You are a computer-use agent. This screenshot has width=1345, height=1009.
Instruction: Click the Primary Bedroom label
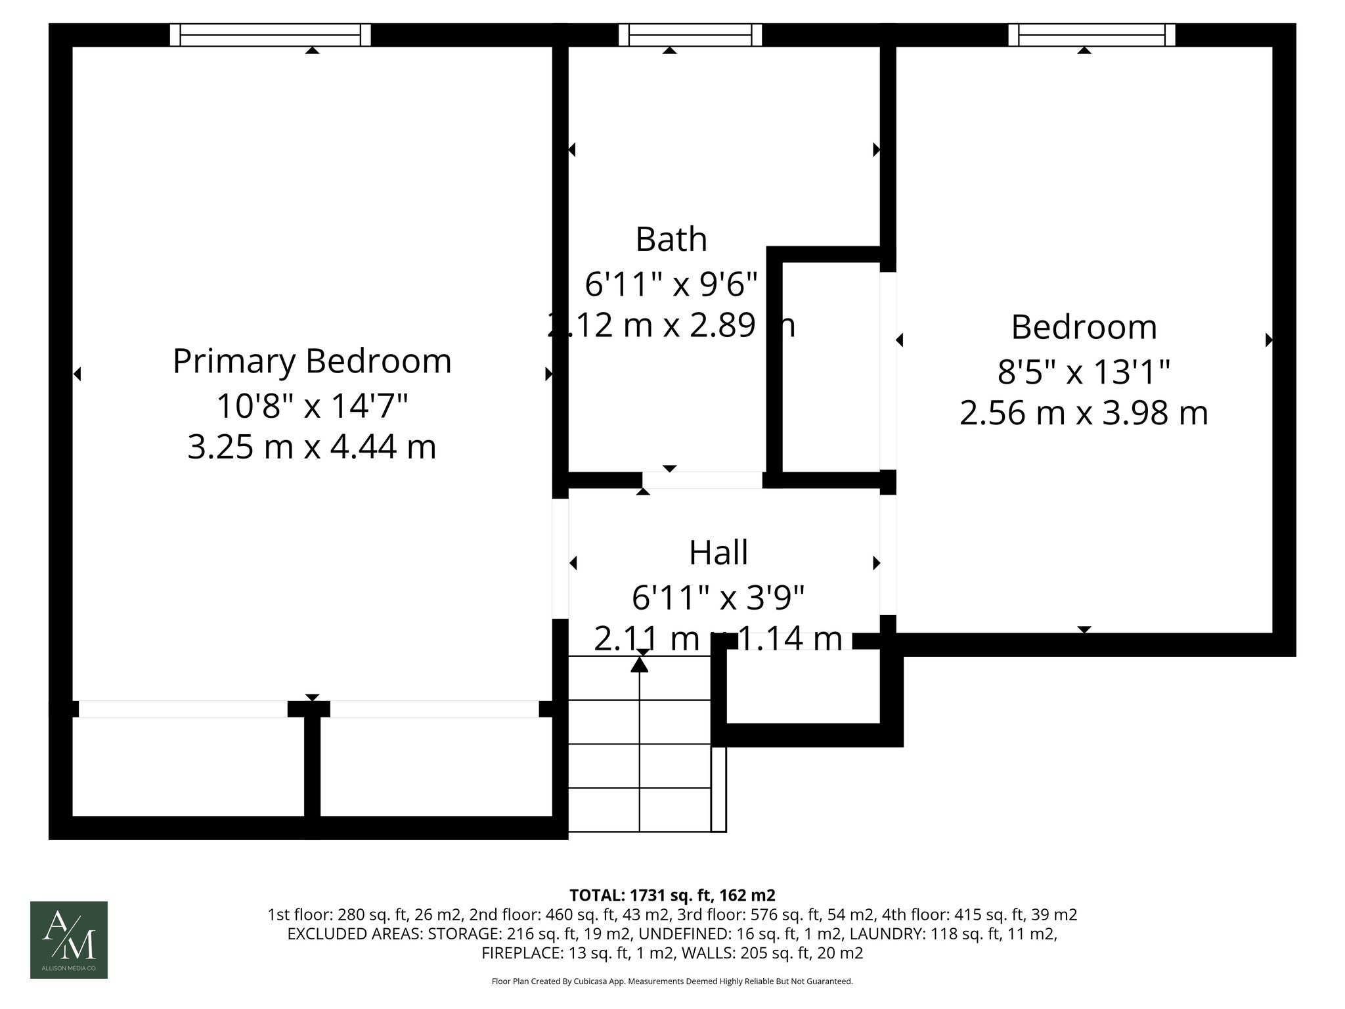pyautogui.click(x=312, y=361)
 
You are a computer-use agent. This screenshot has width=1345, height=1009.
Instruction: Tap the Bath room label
pyautogui.click(x=671, y=239)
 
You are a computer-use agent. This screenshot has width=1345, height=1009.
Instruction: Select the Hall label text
pyautogui.click(x=718, y=552)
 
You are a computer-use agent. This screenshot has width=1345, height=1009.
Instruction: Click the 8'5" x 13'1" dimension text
pyautogui.click(x=1084, y=372)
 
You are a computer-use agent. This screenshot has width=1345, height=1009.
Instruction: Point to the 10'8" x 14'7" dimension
pyautogui.click(x=312, y=406)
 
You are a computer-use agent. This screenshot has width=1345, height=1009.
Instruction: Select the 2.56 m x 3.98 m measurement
pyautogui.click(x=1084, y=414)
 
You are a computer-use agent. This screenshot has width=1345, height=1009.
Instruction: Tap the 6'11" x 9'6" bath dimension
pyautogui.click(x=671, y=284)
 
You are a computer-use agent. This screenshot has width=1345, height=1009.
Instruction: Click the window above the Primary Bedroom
pyautogui.click(x=270, y=35)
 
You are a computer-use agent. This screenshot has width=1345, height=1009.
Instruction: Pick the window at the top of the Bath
pyautogui.click(x=690, y=35)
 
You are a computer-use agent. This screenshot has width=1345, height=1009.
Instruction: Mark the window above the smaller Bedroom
pyautogui.click(x=1091, y=35)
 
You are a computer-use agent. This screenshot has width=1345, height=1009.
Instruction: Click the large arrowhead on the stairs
pyautogui.click(x=640, y=665)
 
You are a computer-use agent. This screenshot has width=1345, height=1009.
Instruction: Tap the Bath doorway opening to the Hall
pyautogui.click(x=702, y=480)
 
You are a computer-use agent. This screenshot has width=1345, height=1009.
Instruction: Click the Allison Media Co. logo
pyautogui.click(x=69, y=940)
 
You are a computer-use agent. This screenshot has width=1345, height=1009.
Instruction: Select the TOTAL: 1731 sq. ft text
pyautogui.click(x=672, y=895)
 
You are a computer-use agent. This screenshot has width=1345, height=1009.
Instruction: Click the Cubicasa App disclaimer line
pyautogui.click(x=672, y=981)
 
